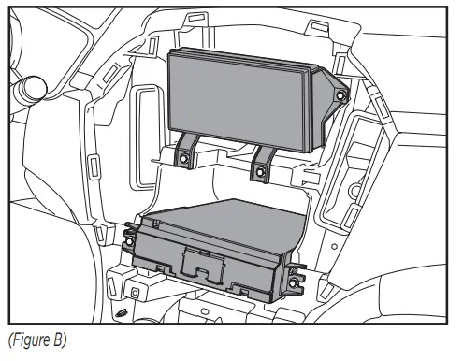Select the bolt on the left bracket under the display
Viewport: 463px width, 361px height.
(185, 159)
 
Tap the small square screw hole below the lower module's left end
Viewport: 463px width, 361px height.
(135, 293)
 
